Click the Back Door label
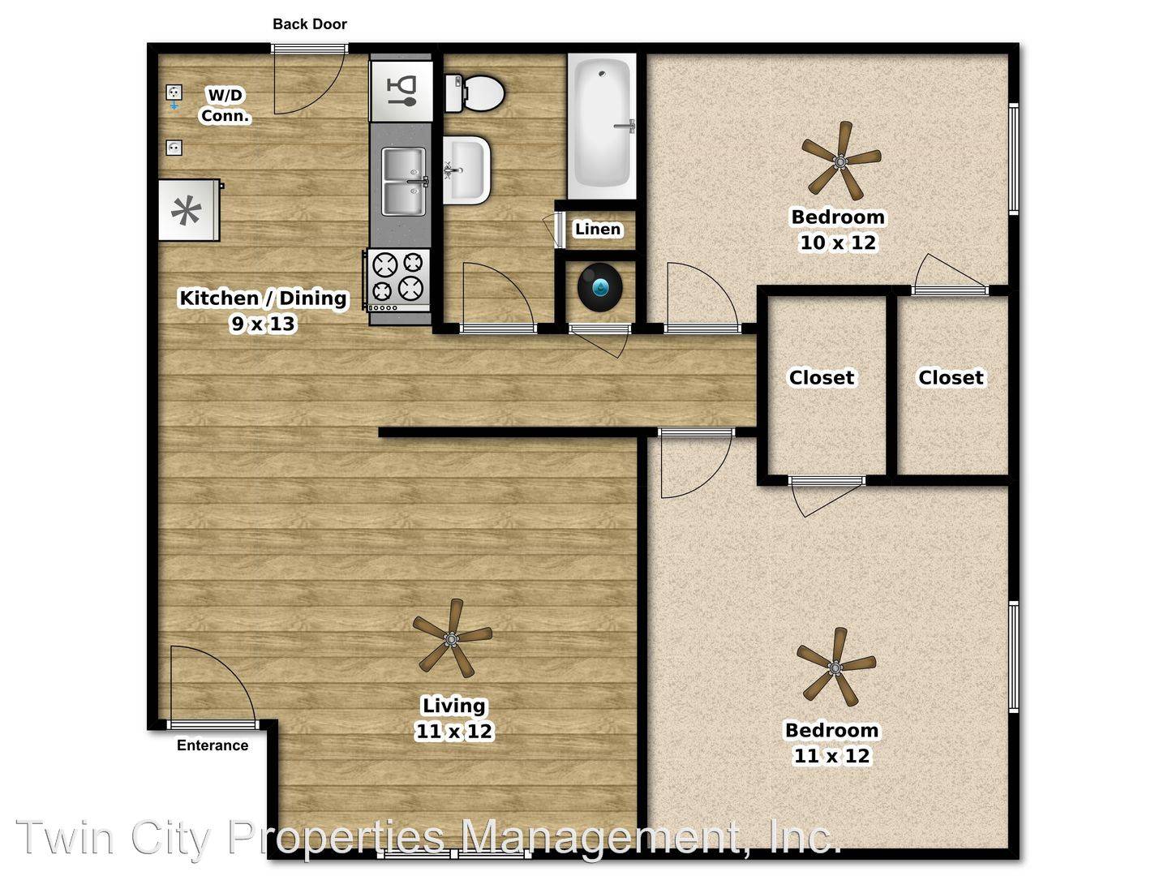[x=310, y=24]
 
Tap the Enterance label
[x=213, y=745]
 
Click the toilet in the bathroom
[x=474, y=93]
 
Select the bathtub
[x=602, y=126]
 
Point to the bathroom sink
[x=466, y=170]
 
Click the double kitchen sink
[x=404, y=182]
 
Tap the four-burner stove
[x=398, y=281]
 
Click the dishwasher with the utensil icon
[x=401, y=91]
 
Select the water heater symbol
[x=599, y=287]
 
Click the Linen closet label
[x=598, y=230]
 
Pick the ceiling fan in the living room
[x=453, y=638]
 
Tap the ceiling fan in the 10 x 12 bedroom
[x=841, y=161]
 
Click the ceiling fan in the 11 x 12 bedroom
[x=836, y=667]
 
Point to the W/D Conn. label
[x=225, y=105]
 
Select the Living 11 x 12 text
[x=454, y=718]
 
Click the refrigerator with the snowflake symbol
[x=189, y=210]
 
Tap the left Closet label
[x=821, y=377]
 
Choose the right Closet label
[x=951, y=377]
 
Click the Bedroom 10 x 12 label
[x=838, y=230]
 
